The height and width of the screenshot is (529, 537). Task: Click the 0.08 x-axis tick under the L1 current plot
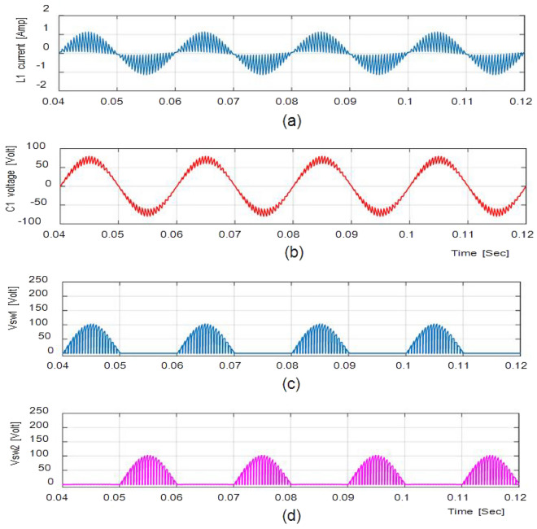point(290,103)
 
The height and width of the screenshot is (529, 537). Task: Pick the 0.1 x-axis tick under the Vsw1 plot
point(404,365)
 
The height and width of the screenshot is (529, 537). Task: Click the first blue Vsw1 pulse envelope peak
point(91,325)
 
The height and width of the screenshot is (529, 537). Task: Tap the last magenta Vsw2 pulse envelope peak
point(491,456)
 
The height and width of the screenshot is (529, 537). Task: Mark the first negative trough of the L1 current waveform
point(146,74)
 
